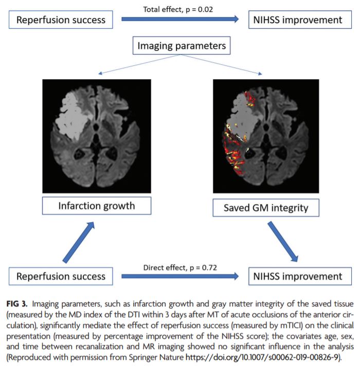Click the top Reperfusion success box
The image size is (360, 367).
(61, 21)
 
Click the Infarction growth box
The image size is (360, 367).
(97, 206)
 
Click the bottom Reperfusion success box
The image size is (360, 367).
(61, 276)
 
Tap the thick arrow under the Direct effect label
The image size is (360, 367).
(180, 276)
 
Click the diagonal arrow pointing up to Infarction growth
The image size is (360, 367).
(78, 241)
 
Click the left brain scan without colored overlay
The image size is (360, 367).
(97, 135)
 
